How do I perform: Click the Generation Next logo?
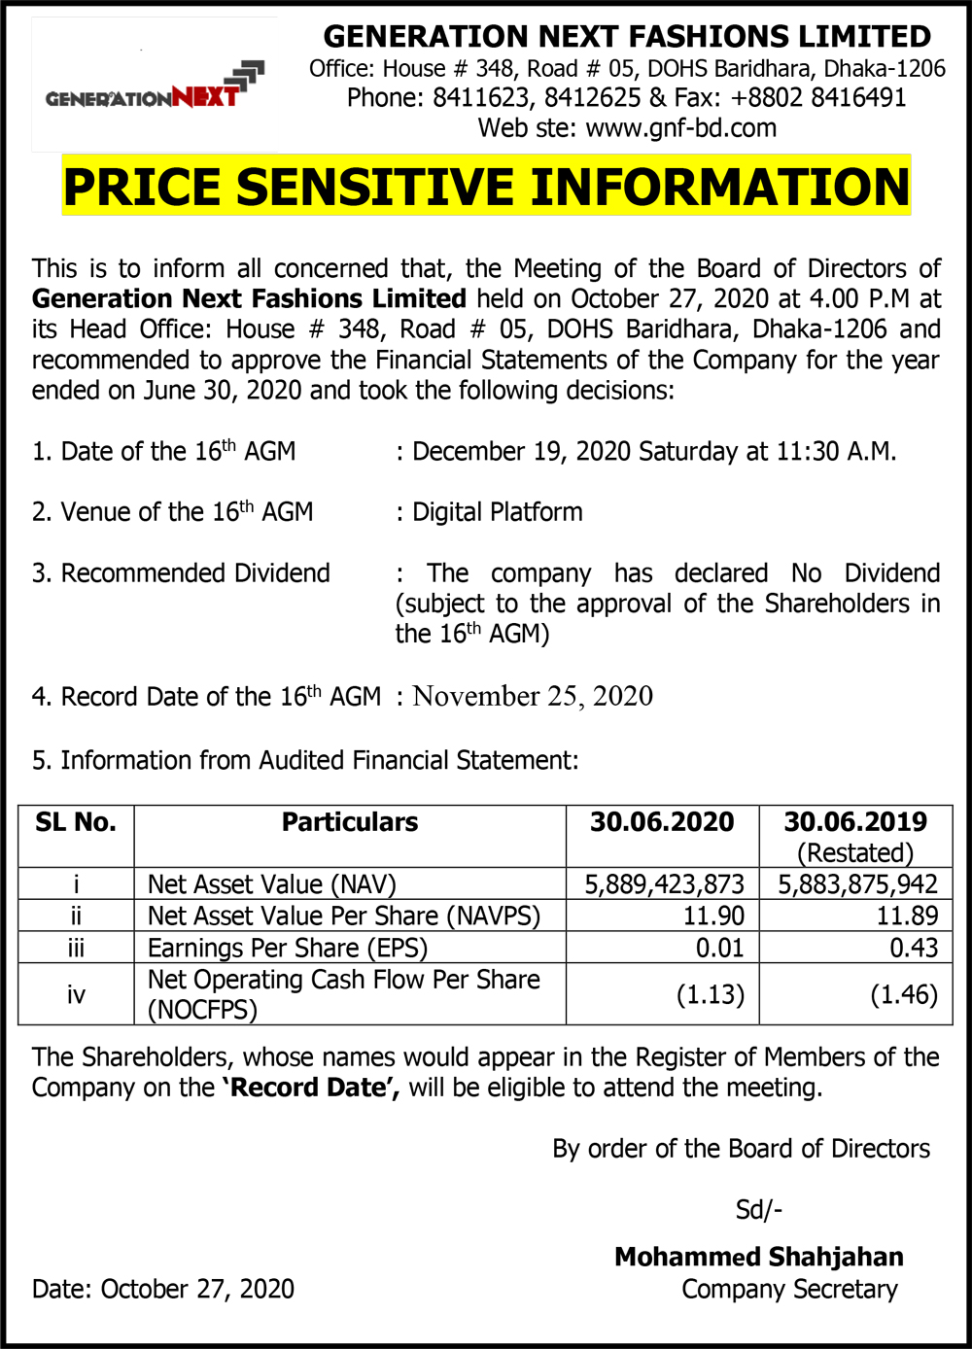tap(155, 86)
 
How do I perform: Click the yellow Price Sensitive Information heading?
tap(486, 186)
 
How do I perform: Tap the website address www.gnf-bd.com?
tap(680, 128)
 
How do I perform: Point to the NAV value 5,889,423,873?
tap(664, 884)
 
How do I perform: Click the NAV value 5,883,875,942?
tap(857, 884)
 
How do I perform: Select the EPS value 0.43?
tap(914, 948)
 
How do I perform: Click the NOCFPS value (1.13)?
tap(711, 995)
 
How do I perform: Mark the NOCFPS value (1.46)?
tap(904, 995)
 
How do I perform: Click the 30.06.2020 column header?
tap(662, 822)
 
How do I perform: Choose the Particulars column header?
tap(350, 822)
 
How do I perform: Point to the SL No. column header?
tap(76, 822)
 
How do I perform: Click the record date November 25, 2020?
tap(533, 696)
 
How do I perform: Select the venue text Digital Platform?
tap(498, 512)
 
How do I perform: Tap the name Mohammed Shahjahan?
tap(759, 1257)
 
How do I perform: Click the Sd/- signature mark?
tap(759, 1210)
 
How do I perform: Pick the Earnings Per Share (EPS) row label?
tap(288, 948)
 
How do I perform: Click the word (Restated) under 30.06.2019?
tap(855, 853)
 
